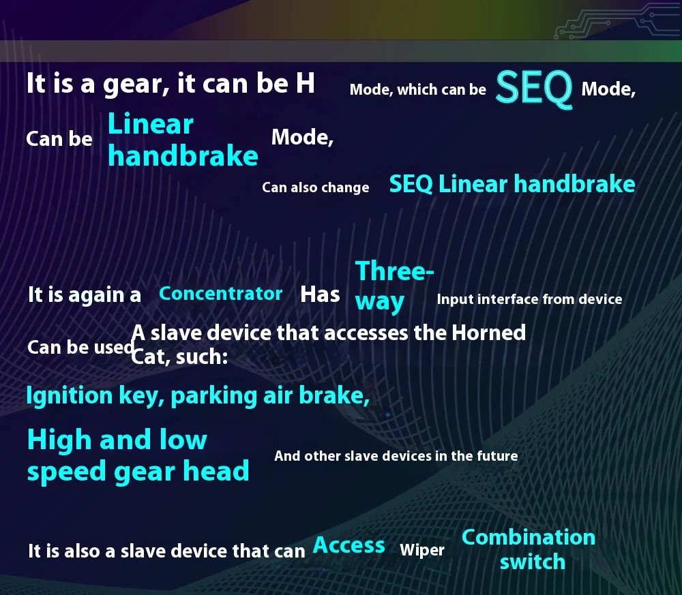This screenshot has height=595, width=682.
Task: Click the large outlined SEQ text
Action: tap(534, 89)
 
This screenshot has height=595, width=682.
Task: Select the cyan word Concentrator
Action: tap(220, 294)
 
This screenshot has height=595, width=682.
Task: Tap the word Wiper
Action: tap(422, 550)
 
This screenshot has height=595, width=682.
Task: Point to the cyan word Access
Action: tap(349, 545)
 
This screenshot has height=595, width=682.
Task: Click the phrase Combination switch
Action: tap(529, 549)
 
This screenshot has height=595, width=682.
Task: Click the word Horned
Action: tap(488, 333)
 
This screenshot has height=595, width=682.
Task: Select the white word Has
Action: tap(320, 294)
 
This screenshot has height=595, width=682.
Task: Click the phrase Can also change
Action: tap(315, 187)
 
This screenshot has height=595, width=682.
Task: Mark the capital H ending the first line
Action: tap(306, 83)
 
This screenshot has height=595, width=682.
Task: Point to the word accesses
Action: tap(366, 333)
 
